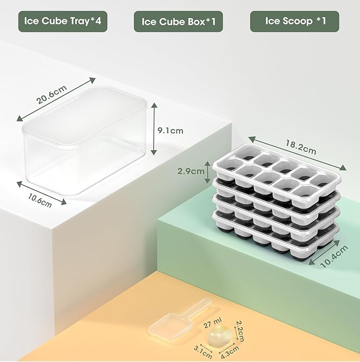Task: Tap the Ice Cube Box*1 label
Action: (x=178, y=22)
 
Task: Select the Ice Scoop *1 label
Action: (x=294, y=21)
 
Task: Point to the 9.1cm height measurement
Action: (x=171, y=130)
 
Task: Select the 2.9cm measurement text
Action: (x=190, y=171)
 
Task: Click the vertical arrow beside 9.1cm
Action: (x=154, y=130)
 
